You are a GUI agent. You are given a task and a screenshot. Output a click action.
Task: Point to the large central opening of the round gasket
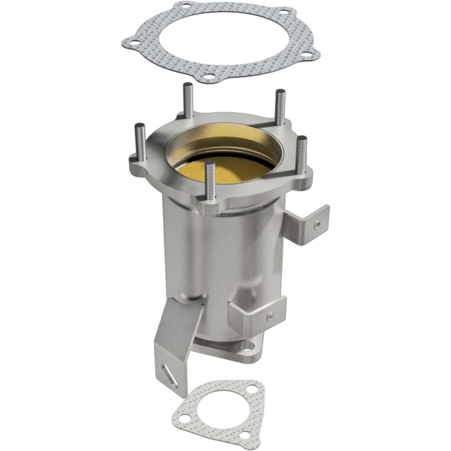(x=221, y=38)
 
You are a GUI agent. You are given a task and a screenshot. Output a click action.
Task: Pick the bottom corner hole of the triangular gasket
(x=244, y=435)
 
